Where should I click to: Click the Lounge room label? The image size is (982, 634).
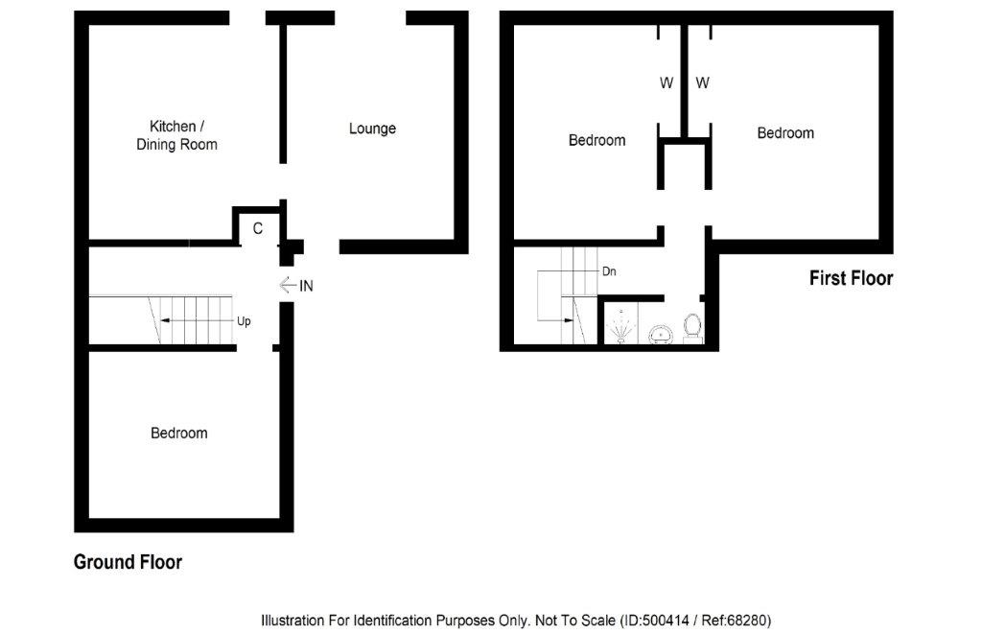[x=372, y=129]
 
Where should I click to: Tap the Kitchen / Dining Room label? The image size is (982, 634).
[x=176, y=135]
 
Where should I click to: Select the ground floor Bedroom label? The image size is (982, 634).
[x=179, y=433]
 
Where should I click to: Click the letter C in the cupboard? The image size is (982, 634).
[x=257, y=228]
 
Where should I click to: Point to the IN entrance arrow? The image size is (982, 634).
[x=288, y=285]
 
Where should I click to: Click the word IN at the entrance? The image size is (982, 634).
[x=306, y=286]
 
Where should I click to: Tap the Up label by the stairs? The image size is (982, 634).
[x=244, y=321]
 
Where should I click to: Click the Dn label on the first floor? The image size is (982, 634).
[x=609, y=271]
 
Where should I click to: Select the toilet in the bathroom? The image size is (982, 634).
[x=691, y=328]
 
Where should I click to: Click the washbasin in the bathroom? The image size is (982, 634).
[x=660, y=334]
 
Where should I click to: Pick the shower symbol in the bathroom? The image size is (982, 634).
[x=620, y=326]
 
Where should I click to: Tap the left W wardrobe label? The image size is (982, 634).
[x=666, y=82]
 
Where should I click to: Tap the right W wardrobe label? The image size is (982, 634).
[x=702, y=82]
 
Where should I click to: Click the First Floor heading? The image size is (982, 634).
[x=852, y=278]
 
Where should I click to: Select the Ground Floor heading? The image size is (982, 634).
[x=128, y=562]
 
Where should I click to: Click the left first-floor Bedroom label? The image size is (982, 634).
[x=596, y=140]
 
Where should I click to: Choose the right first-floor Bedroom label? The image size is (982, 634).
[x=785, y=132]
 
